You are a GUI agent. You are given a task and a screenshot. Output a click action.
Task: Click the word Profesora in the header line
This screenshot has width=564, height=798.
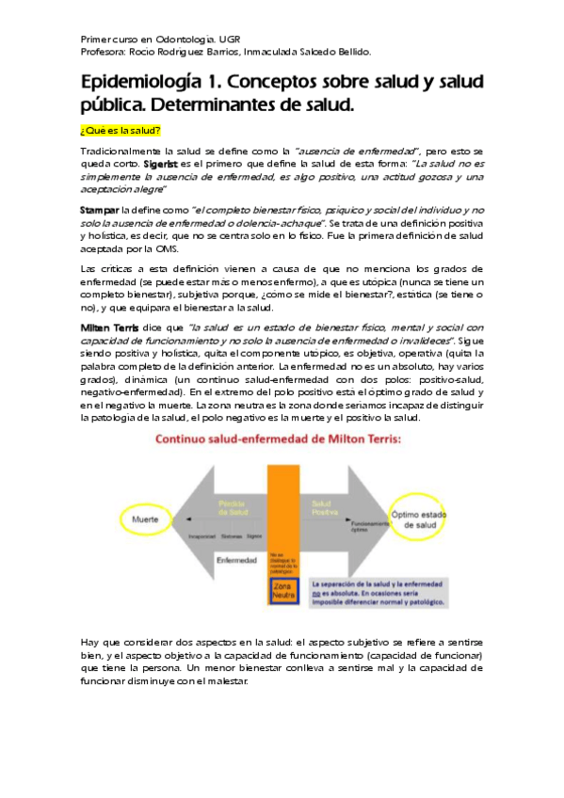pos(105,52)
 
